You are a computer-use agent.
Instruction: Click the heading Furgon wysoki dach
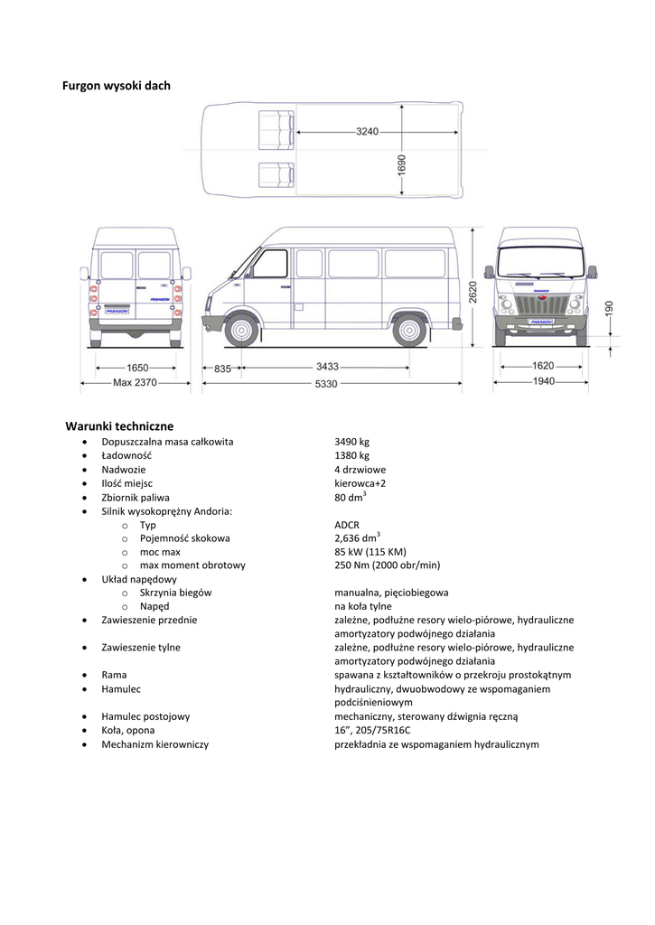point(117,86)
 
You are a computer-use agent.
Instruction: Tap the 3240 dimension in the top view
point(367,132)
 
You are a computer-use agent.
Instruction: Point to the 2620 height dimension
point(473,291)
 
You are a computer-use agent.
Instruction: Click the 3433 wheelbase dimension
point(328,368)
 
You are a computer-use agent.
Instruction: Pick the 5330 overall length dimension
point(326,384)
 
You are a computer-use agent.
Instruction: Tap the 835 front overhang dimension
point(223,369)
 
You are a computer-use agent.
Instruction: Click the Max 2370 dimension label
point(136,384)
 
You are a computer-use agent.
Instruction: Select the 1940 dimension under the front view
point(543,382)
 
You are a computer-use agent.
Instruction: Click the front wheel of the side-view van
point(241,330)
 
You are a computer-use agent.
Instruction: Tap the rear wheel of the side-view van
point(410,330)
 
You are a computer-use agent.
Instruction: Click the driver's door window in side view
point(270,263)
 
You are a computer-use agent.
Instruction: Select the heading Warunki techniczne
point(119,425)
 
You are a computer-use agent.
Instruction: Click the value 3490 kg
point(352,442)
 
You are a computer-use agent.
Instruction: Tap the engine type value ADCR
point(347,525)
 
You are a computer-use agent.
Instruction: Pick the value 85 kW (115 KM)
point(370,552)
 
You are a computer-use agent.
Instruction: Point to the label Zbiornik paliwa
point(136,497)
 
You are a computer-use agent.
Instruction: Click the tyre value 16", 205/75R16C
point(372,730)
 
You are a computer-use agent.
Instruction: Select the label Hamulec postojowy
point(145,716)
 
